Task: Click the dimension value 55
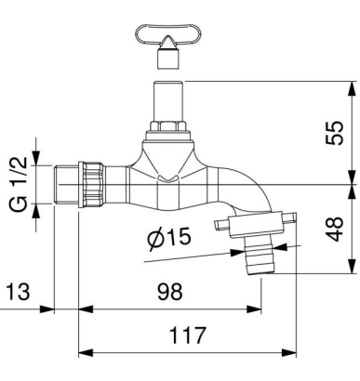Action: (x=335, y=133)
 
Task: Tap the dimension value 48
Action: (x=335, y=229)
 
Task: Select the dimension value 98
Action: (x=170, y=292)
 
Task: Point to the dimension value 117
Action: (x=188, y=335)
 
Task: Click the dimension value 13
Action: (x=19, y=292)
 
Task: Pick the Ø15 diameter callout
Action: (x=169, y=238)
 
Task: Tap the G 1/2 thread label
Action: (x=20, y=185)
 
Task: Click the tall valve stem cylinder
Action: (x=168, y=101)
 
